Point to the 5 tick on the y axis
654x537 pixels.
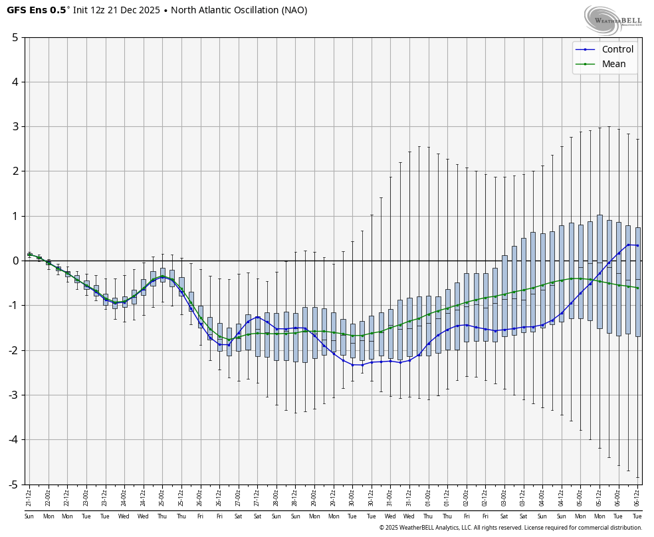15,37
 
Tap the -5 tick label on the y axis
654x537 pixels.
13,484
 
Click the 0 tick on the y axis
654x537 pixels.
15,261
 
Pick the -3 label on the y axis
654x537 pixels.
13,395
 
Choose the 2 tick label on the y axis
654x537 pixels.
15,171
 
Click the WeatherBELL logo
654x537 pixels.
613,20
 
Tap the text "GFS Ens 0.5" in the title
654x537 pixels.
36,10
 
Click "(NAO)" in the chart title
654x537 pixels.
294,10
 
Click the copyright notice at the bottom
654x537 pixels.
510,528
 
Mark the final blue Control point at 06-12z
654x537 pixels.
637,245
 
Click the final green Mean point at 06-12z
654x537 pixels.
637,288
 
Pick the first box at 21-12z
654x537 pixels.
29,254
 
